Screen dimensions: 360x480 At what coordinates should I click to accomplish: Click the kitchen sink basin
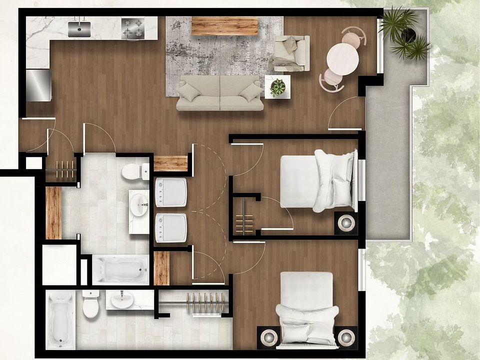79,29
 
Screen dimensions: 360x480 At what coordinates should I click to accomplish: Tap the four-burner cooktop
132,28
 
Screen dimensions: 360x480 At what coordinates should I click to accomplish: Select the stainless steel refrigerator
38,85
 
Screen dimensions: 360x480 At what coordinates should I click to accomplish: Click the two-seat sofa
220,93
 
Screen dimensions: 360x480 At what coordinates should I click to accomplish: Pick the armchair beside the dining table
291,53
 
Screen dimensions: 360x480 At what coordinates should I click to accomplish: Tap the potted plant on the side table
277,87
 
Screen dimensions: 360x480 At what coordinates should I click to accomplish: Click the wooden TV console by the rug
224,26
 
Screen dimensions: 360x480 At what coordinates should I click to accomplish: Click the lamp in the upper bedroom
345,223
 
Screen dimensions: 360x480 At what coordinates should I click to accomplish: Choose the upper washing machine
171,192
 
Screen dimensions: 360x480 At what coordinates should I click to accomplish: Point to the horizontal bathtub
120,270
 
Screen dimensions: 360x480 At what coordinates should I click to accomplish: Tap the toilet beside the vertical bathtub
90,305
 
